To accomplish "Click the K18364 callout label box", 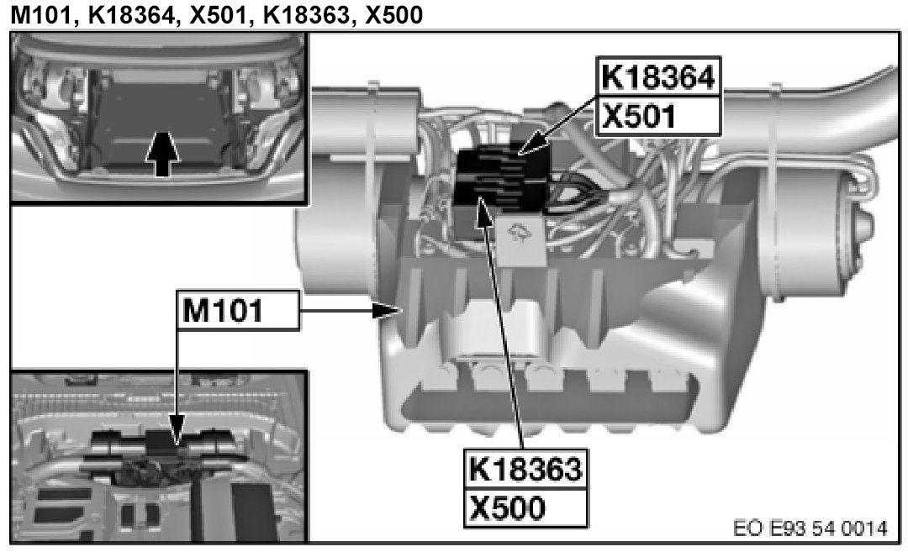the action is [658, 76].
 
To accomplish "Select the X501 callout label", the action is [658, 116].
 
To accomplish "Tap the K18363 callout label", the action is [525, 469].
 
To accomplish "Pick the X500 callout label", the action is [525, 508].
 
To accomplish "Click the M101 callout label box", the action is [238, 311].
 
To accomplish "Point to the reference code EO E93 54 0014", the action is [810, 528].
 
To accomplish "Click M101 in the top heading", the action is [43, 15].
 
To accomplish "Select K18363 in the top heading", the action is [306, 15].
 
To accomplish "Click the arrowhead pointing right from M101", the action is [387, 311].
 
